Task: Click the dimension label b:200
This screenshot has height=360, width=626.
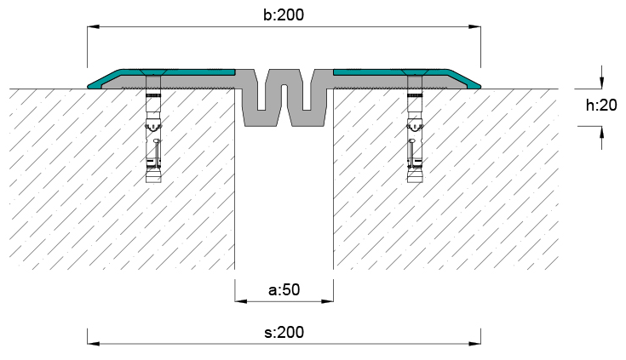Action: (284, 14)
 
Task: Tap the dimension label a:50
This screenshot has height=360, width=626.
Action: (284, 289)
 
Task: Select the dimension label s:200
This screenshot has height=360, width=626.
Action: (284, 332)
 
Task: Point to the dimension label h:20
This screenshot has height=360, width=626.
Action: (601, 106)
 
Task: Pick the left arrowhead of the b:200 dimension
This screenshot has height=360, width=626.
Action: (94, 27)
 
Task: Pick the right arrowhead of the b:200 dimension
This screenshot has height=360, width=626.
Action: (474, 27)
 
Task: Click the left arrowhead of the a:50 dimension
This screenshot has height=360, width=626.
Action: (241, 301)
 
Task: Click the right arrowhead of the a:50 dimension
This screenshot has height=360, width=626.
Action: (327, 301)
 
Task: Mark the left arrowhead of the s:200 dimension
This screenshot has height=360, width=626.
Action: (94, 343)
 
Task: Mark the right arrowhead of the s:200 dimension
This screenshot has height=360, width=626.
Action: (474, 343)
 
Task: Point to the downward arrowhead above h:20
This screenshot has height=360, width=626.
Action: (601, 83)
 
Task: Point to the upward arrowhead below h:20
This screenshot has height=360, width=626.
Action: (601, 132)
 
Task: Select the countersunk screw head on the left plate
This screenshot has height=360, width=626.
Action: (153, 72)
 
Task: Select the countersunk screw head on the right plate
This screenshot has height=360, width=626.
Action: (415, 72)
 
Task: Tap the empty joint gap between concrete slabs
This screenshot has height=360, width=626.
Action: (284, 198)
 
